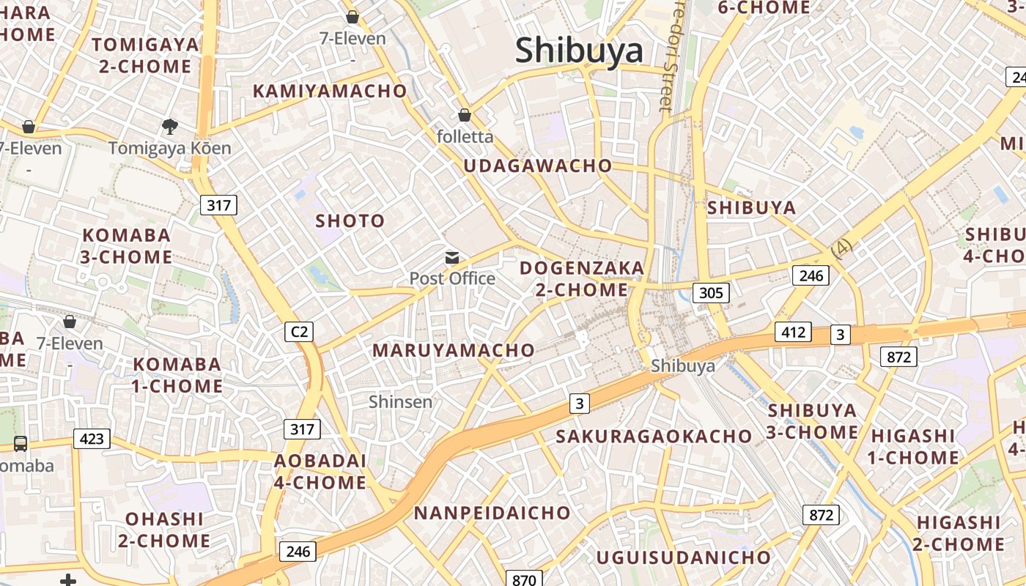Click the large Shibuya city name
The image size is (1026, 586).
click(579, 51)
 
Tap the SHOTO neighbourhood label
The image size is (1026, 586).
click(350, 220)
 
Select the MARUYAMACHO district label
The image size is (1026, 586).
click(454, 350)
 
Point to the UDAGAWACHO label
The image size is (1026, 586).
click(537, 166)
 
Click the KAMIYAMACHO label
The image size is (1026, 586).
click(330, 91)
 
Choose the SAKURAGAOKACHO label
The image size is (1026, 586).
click(654, 437)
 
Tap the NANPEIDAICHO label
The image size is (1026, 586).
click(492, 513)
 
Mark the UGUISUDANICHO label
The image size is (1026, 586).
click(683, 557)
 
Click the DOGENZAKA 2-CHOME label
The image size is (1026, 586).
click(582, 278)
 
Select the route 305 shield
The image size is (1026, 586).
click(710, 293)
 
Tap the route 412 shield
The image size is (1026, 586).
click(793, 333)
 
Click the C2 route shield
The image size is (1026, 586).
click(299, 332)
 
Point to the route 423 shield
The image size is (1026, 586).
click(92, 439)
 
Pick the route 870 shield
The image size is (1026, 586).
click(524, 579)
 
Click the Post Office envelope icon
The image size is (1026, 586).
click(452, 258)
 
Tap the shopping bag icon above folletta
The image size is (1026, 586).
click(464, 115)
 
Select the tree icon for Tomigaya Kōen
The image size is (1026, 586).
click(170, 127)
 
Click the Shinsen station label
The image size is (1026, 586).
click(400, 401)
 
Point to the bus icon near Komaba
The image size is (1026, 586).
click(21, 443)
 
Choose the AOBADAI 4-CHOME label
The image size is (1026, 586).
click(320, 472)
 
